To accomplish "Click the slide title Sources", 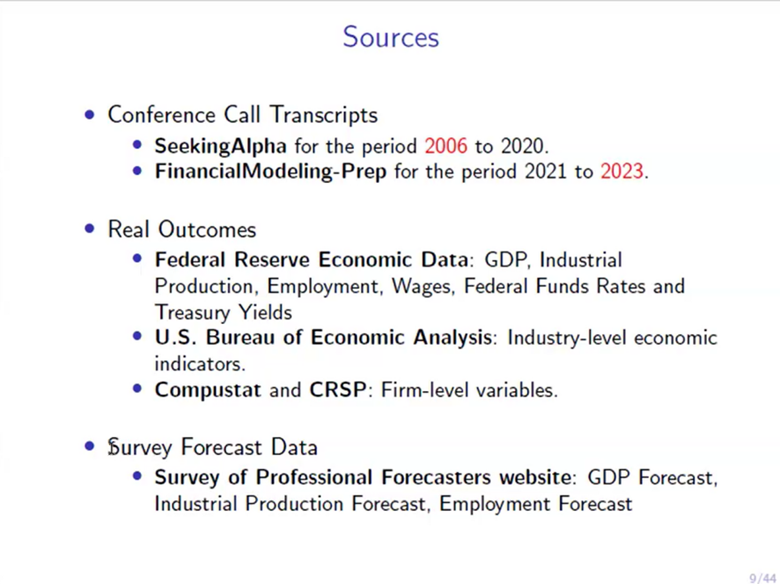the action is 391,37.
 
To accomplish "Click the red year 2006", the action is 445,146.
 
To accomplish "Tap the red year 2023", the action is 622,172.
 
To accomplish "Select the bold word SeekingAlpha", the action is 220,147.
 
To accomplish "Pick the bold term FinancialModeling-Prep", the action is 270,172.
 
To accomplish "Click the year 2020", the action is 522,146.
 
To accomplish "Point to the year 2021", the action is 546,172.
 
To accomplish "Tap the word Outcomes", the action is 207,230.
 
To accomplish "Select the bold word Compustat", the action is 208,391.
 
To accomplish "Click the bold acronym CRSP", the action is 338,390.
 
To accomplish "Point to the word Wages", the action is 423,287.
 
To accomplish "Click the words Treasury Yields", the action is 224,312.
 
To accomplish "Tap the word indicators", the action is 200,364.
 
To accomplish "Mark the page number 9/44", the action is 762,579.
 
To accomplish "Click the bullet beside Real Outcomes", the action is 90,229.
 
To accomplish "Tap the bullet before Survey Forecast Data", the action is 90,446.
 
